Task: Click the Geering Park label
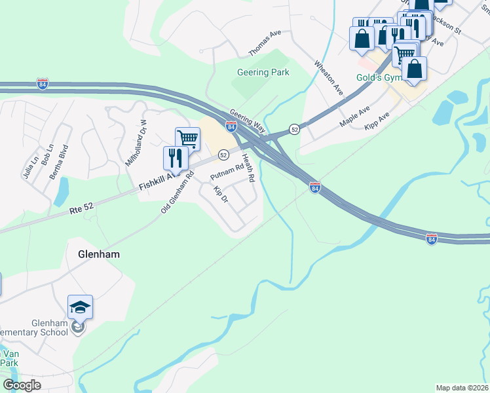[262, 72]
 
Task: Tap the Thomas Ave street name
[265, 43]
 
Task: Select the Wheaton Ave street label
[329, 77]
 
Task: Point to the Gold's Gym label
[377, 77]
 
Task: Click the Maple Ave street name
[354, 116]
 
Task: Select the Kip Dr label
[220, 194]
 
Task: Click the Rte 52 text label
[81, 208]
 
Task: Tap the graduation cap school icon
[80, 307]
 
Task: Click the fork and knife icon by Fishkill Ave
[176, 158]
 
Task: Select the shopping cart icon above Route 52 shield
[187, 138]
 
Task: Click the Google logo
[22, 385]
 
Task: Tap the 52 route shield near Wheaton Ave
[295, 129]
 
